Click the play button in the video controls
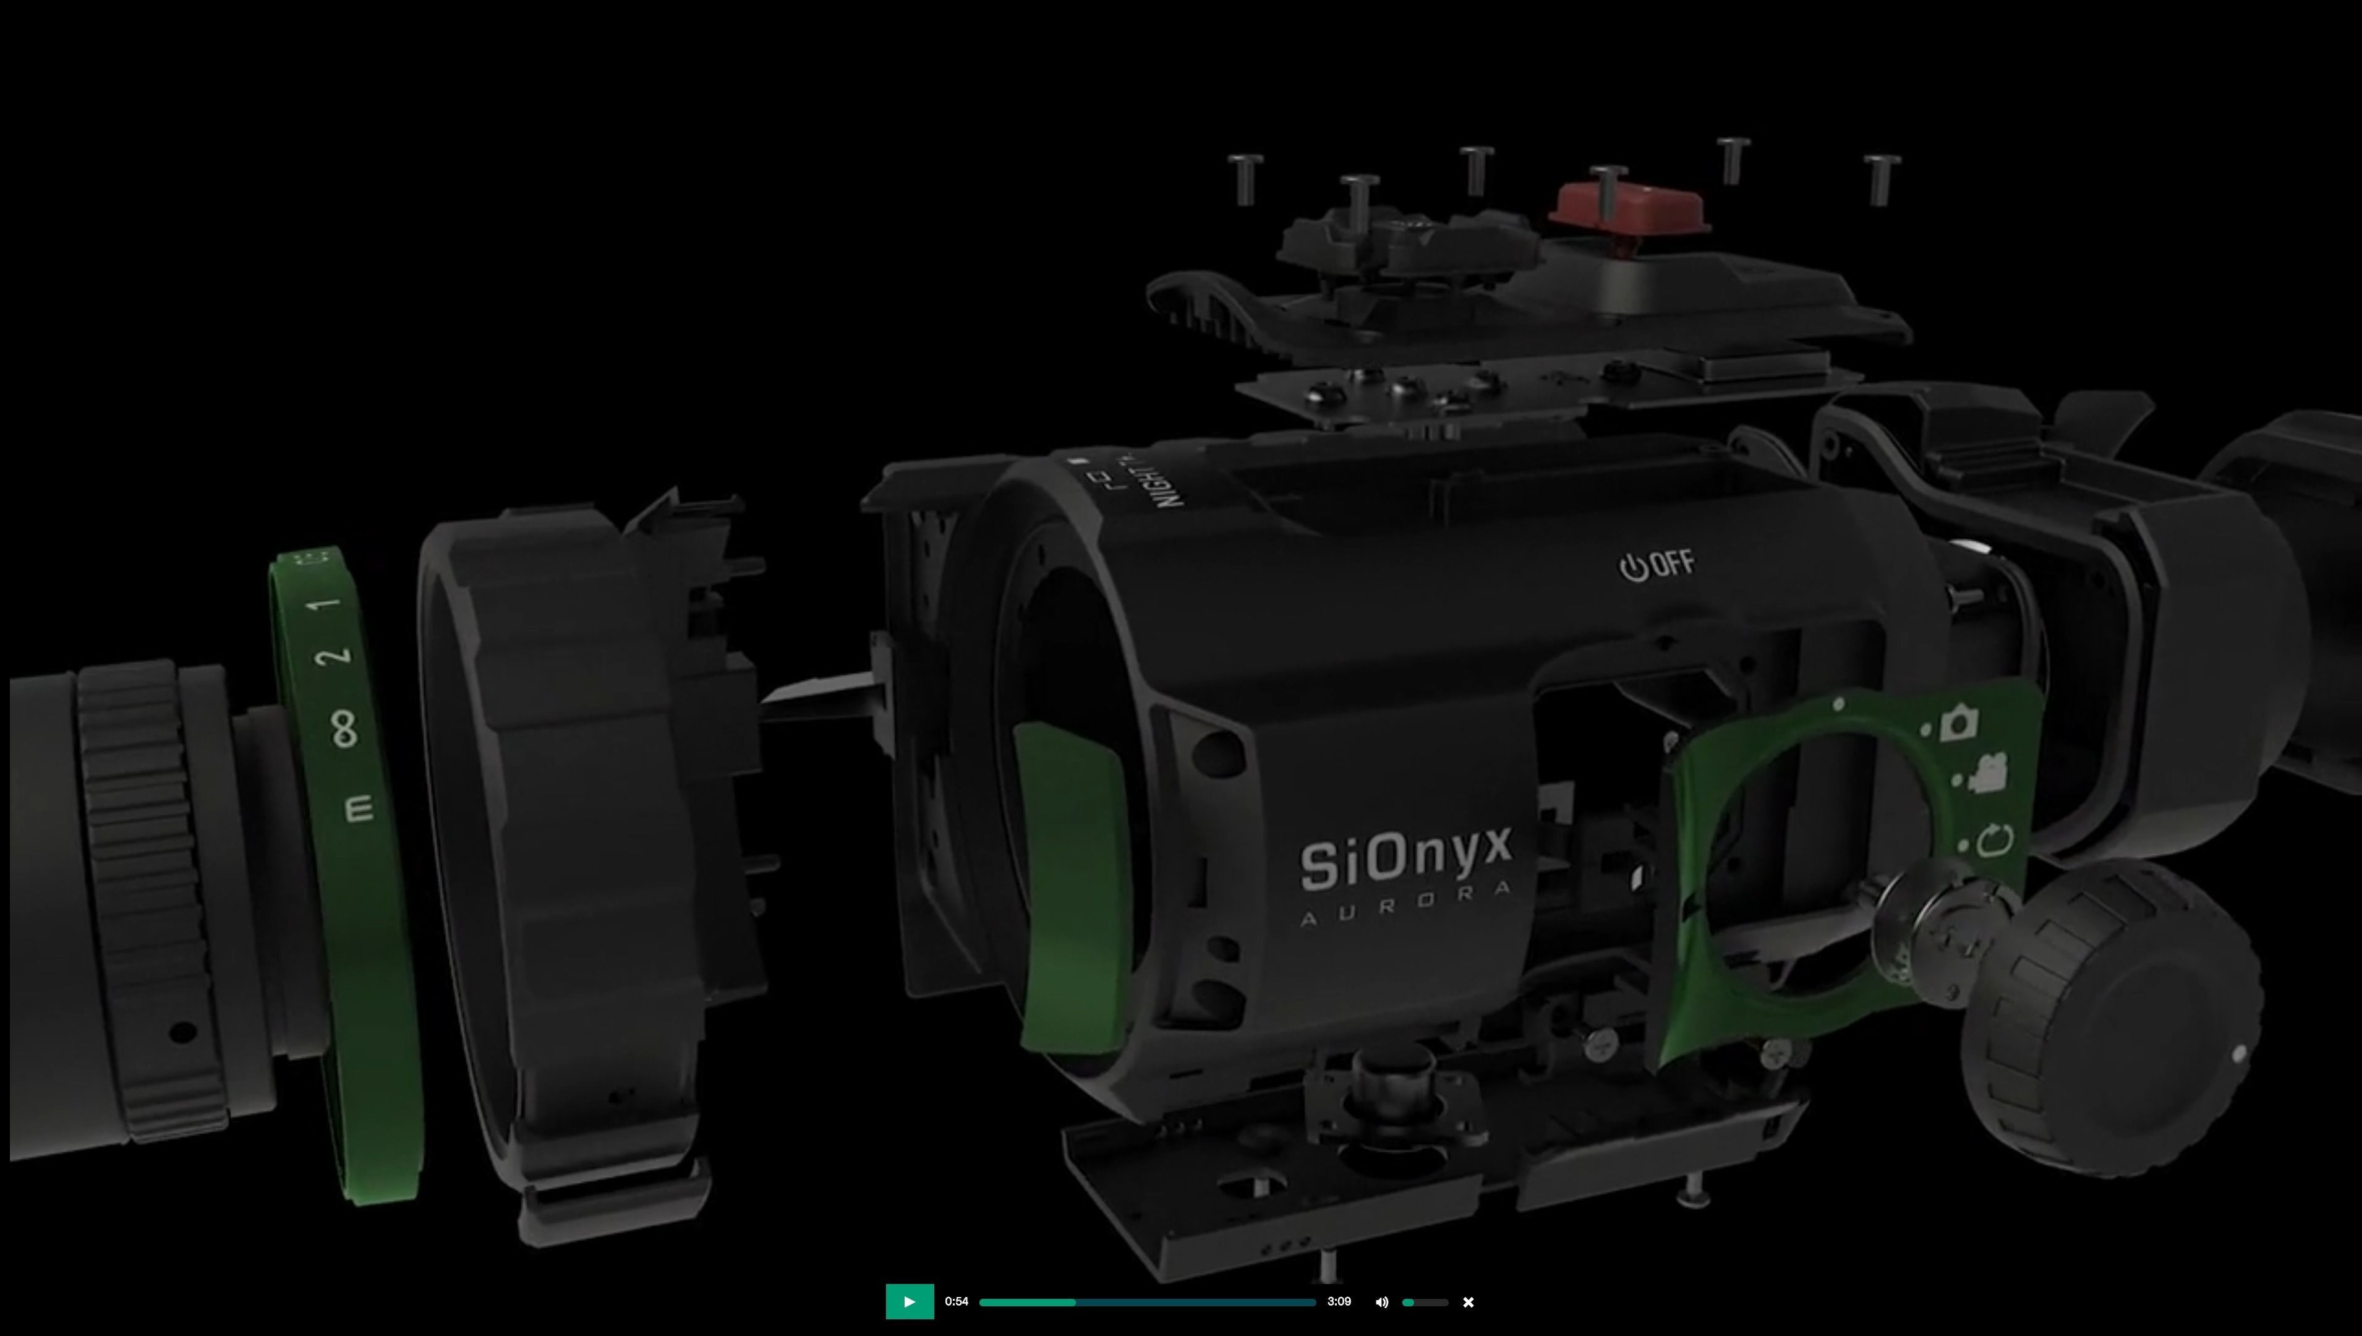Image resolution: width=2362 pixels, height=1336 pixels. point(909,1301)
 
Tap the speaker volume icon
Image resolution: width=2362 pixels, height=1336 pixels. point(1381,1302)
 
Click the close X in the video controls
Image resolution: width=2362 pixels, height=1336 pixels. point(1468,1302)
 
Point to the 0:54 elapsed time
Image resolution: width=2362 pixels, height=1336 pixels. point(957,1301)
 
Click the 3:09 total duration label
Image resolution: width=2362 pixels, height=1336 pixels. point(1338,1301)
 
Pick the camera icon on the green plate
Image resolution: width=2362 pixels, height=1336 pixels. point(1958,722)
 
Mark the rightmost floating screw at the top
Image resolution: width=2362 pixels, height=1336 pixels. point(1882,178)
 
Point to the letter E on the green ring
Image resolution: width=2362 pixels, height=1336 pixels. point(359,808)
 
